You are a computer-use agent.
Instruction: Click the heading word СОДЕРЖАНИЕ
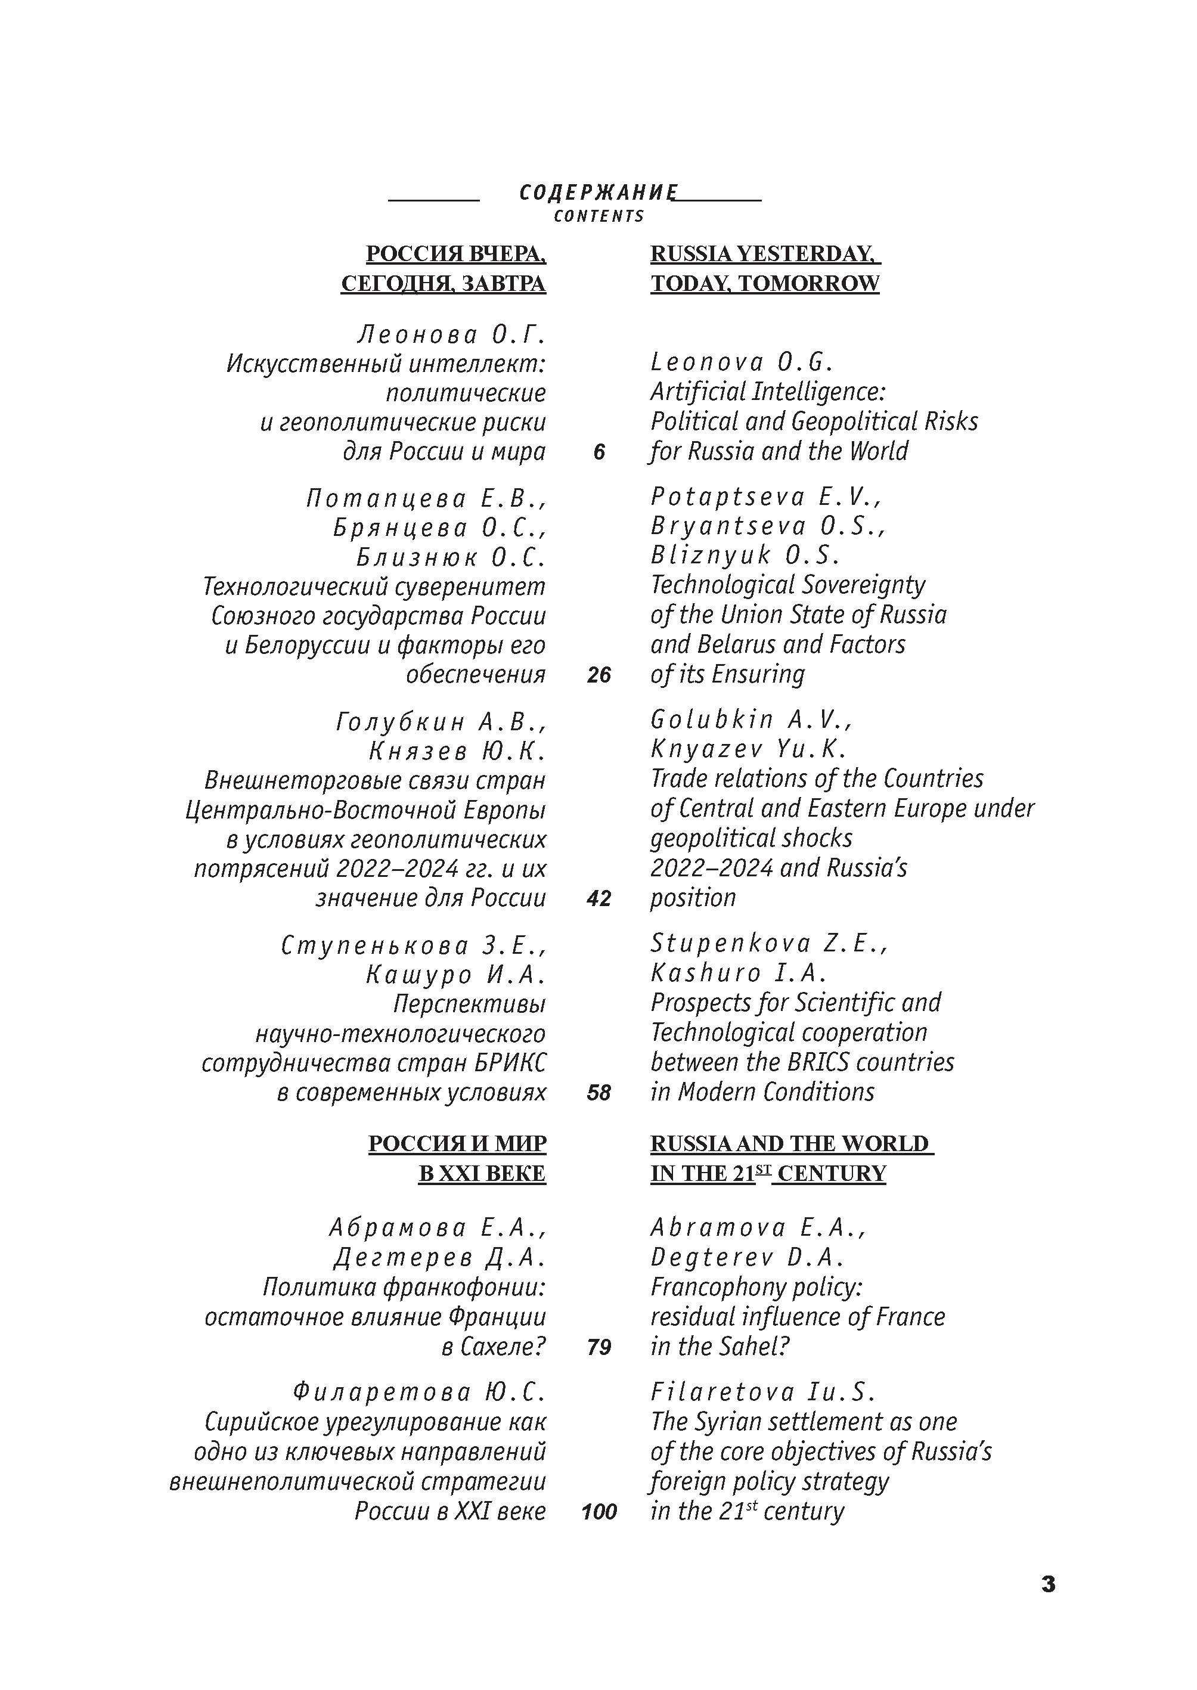(598, 193)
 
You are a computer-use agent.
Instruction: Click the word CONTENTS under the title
(598, 216)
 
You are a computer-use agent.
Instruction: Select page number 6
(598, 452)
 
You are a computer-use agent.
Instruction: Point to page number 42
(598, 898)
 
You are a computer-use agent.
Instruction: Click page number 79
(598, 1347)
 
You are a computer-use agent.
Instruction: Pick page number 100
(598, 1512)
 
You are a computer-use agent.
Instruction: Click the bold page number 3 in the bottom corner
(1048, 1584)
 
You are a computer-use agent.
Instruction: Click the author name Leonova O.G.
(742, 362)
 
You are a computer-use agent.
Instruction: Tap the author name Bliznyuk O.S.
(745, 555)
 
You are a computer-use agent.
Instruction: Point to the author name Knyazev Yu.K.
(748, 749)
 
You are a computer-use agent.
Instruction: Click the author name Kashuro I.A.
(739, 973)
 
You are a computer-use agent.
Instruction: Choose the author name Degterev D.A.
(747, 1257)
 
